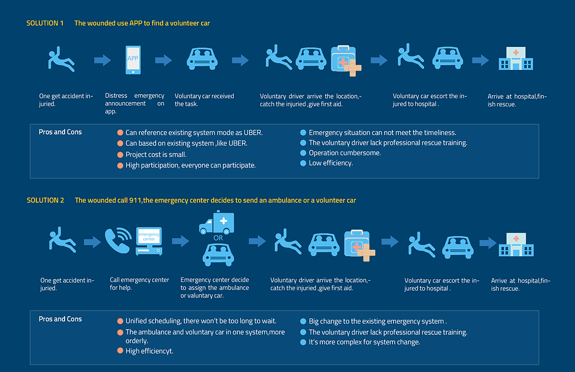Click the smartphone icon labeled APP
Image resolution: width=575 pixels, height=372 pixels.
(x=133, y=60)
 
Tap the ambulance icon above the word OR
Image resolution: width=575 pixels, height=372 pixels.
(x=217, y=222)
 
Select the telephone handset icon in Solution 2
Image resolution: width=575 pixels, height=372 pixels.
(x=118, y=240)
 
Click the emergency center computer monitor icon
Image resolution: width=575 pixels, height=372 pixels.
(x=149, y=241)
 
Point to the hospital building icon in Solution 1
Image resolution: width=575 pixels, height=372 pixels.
(x=516, y=58)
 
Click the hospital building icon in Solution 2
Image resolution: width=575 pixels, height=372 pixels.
(x=516, y=244)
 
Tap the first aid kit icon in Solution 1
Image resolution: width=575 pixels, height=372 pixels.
(x=346, y=61)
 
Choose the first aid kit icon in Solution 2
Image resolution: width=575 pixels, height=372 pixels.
(x=359, y=245)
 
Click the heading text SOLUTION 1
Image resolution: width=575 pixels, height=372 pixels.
(x=45, y=23)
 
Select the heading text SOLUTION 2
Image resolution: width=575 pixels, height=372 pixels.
(x=45, y=200)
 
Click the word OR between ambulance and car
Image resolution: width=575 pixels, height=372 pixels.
(x=218, y=238)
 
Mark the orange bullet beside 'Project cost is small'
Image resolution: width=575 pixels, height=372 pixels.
(x=120, y=155)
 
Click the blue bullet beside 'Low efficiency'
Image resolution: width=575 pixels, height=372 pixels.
(x=303, y=163)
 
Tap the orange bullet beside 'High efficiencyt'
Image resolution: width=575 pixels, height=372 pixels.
(x=120, y=351)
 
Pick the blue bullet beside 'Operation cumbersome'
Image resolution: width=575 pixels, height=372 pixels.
(x=303, y=153)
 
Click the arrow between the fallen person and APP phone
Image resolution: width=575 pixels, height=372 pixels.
(x=102, y=60)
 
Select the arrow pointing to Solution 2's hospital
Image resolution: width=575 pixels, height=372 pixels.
(x=487, y=243)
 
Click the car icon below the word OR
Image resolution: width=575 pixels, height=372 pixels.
(x=218, y=254)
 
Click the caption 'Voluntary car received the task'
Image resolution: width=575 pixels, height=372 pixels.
(x=204, y=100)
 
